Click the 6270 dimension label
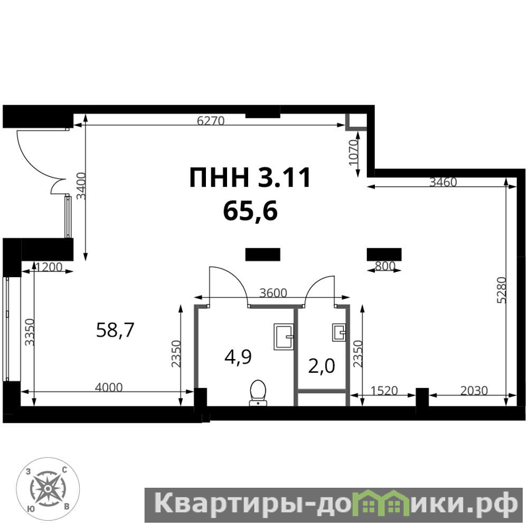pyautogui.click(x=211, y=121)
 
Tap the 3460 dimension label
pyautogui.click(x=443, y=182)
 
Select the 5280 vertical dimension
pyautogui.click(x=502, y=290)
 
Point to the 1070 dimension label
pyautogui.click(x=353, y=153)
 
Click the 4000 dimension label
pyautogui.click(x=109, y=387)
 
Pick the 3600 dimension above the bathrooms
pyautogui.click(x=273, y=293)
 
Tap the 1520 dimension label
pyautogui.click(x=384, y=391)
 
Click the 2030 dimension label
pyautogui.click(x=474, y=391)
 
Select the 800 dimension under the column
pyautogui.click(x=385, y=266)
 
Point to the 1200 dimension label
pyautogui.click(x=49, y=267)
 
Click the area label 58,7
pyautogui.click(x=115, y=329)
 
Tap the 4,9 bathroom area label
pyautogui.click(x=238, y=357)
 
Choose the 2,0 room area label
pyautogui.click(x=321, y=366)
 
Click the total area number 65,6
pyautogui.click(x=250, y=211)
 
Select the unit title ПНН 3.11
pyautogui.click(x=249, y=178)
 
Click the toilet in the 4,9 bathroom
pyautogui.click(x=258, y=393)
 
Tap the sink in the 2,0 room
pyautogui.click(x=339, y=333)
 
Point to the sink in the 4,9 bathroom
pyautogui.click(x=284, y=337)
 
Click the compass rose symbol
pyautogui.click(x=48, y=488)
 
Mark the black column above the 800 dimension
pyautogui.click(x=384, y=255)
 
